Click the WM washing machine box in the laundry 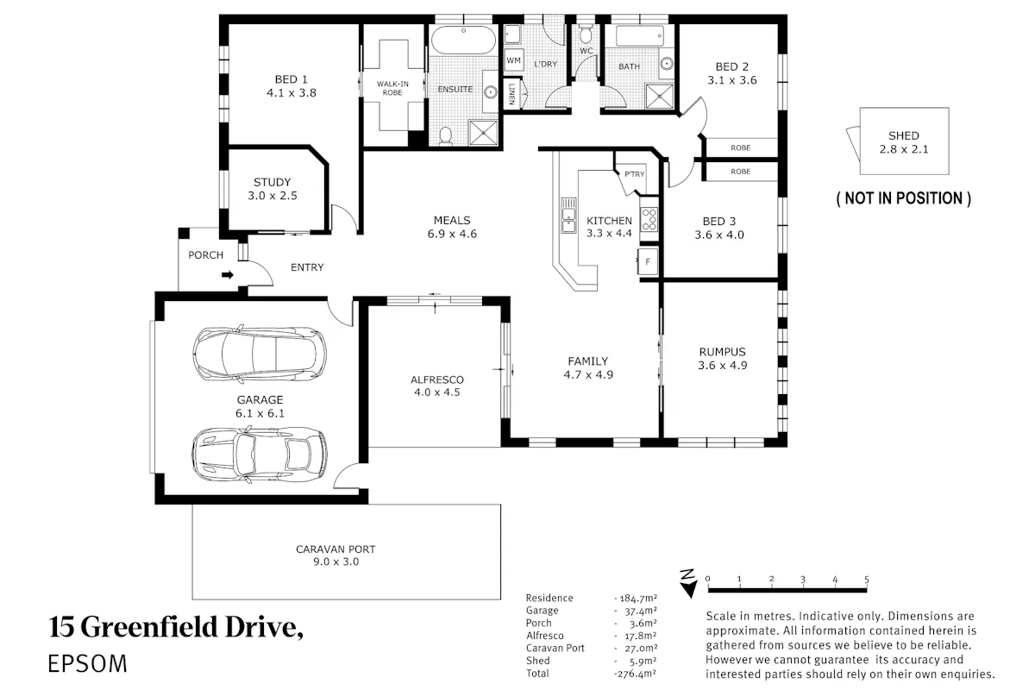pyautogui.click(x=513, y=60)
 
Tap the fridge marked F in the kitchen pyautogui.click(x=648, y=261)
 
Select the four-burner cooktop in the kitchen pyautogui.click(x=649, y=220)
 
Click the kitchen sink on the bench pyautogui.click(x=568, y=216)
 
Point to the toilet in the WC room pyautogui.click(x=586, y=34)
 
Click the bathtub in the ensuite pyautogui.click(x=463, y=41)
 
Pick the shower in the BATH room pyautogui.click(x=660, y=96)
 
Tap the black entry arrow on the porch pyautogui.click(x=228, y=275)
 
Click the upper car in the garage pyautogui.click(x=260, y=354)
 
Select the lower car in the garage pyautogui.click(x=260, y=455)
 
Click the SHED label pyautogui.click(x=903, y=136)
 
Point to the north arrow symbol pyautogui.click(x=689, y=584)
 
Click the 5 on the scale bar pyautogui.click(x=866, y=579)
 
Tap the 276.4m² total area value pyautogui.click(x=636, y=674)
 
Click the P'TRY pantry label pyautogui.click(x=634, y=174)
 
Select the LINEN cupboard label pyautogui.click(x=512, y=94)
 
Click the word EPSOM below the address pyautogui.click(x=87, y=664)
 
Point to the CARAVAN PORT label pyautogui.click(x=336, y=549)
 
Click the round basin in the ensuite pyautogui.click(x=491, y=92)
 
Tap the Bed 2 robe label pyautogui.click(x=740, y=147)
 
